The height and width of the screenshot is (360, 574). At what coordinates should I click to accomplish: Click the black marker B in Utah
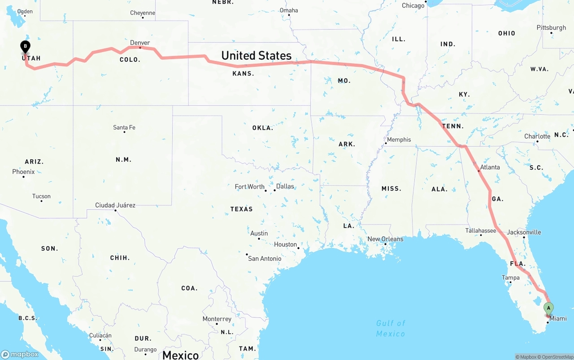(x=26, y=46)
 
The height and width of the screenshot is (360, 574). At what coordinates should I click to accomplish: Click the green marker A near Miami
(x=548, y=308)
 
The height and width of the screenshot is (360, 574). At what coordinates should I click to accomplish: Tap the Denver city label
(x=140, y=43)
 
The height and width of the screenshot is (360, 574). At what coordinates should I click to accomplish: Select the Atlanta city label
(x=490, y=167)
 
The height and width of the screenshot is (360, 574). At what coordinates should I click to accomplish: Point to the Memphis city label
(x=399, y=140)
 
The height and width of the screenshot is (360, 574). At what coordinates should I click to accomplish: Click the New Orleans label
(x=385, y=239)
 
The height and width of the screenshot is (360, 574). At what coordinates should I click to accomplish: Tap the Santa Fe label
(x=124, y=128)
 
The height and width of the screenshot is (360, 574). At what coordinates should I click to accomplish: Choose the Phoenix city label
(x=23, y=172)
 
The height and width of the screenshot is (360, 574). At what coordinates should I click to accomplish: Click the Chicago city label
(x=413, y=6)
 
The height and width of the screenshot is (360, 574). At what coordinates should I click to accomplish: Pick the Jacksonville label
(x=524, y=232)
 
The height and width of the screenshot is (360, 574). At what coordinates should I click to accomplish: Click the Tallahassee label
(x=481, y=230)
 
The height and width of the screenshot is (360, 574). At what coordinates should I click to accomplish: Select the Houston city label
(x=285, y=244)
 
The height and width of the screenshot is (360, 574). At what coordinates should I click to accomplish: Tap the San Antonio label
(x=265, y=258)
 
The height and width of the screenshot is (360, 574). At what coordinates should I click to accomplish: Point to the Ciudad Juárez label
(x=115, y=205)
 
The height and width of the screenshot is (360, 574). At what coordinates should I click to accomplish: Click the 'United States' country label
(x=256, y=56)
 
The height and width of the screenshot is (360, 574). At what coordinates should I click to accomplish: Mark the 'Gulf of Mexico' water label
(x=391, y=328)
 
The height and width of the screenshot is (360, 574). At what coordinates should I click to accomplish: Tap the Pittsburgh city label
(x=551, y=28)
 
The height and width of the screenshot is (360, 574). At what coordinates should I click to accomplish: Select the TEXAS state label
(x=241, y=209)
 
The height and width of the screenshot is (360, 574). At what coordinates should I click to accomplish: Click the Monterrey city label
(x=217, y=319)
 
